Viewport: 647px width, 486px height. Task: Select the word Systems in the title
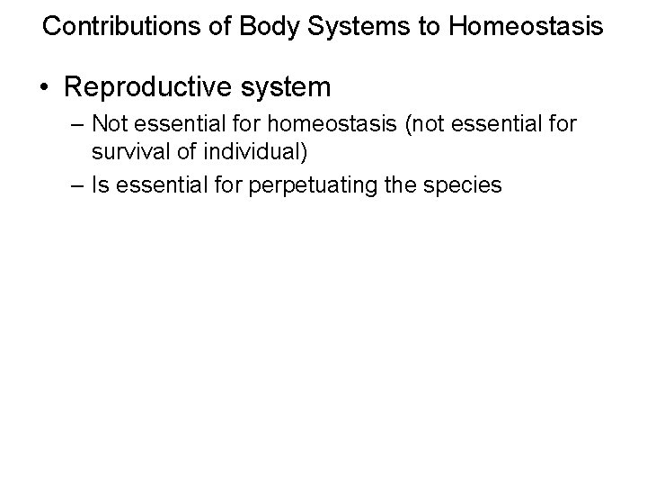(337, 26)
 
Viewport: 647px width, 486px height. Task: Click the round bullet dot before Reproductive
(43, 88)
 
